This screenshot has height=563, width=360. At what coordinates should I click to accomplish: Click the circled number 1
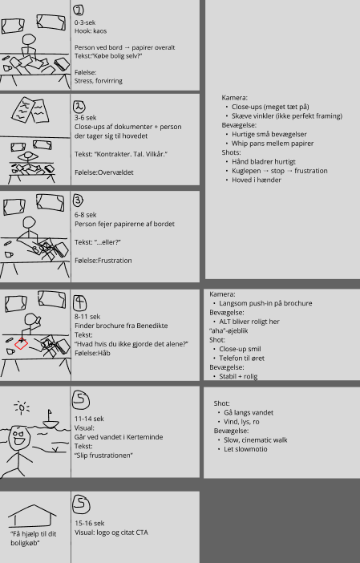tap(79, 10)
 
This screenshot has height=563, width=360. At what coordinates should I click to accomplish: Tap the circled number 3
tap(78, 200)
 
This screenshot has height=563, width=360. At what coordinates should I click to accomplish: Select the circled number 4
tap(79, 302)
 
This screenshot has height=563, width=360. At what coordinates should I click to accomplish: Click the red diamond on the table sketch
tap(21, 343)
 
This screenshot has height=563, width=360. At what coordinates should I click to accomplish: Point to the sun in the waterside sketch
tap(22, 408)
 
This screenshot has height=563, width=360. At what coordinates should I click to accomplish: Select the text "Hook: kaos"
tap(91, 31)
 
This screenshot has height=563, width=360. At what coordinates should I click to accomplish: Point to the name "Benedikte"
tap(152, 326)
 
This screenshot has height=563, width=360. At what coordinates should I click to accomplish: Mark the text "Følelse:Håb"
tap(92, 354)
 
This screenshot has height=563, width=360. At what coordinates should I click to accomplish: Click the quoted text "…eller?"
tap(107, 242)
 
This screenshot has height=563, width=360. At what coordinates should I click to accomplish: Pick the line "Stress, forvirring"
tap(99, 81)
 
